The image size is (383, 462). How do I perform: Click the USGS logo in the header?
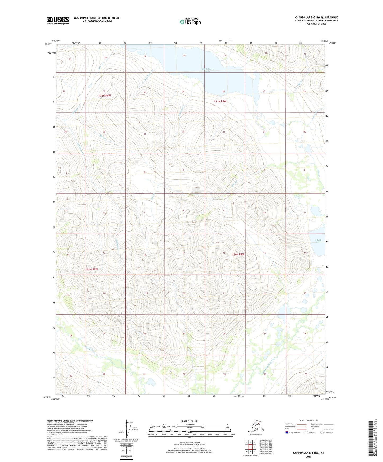coord(58,20)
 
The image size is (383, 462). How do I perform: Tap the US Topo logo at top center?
coord(190,21)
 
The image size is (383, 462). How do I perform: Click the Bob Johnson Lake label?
coord(208,70)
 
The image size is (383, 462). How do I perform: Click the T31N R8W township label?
coord(220,101)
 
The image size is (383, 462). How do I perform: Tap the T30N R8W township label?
coord(238,255)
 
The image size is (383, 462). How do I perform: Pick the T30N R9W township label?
coord(91,269)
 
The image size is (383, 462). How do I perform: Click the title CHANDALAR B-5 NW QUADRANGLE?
coord(316,17)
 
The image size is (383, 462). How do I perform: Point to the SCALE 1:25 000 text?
coord(189,421)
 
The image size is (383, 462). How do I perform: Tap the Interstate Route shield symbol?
coord(287,432)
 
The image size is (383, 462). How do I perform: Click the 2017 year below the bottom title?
coord(308,456)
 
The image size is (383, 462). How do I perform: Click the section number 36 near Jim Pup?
coord(104,132)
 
